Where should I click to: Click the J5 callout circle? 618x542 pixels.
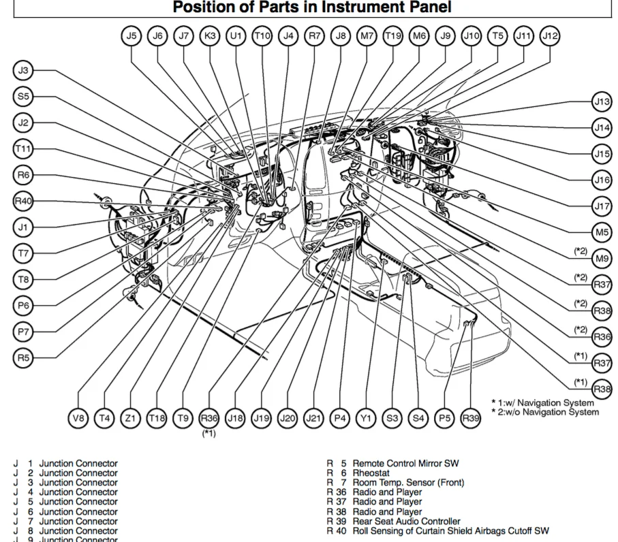tap(132, 36)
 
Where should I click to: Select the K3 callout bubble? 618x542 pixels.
tap(210, 36)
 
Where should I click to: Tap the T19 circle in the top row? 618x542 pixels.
tap(392, 36)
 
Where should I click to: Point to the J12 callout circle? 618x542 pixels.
tap(549, 36)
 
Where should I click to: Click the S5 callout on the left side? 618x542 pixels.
tap(24, 97)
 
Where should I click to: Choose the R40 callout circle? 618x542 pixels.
tap(24, 201)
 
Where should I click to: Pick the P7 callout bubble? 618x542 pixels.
tap(24, 332)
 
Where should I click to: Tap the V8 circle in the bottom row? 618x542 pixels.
tap(79, 418)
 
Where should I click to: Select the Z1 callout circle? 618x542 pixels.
tap(130, 418)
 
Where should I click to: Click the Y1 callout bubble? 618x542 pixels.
tap(366, 418)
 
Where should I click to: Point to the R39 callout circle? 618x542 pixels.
tap(470, 418)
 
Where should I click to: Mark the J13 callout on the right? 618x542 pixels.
tap(601, 102)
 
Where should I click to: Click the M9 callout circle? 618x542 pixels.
tap(601, 258)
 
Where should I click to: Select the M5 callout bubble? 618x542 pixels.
tap(601, 232)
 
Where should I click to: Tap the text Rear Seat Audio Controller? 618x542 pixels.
tap(406, 521)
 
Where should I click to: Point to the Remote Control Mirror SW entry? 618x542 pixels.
tap(405, 464)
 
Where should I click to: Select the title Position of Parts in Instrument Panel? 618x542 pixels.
tap(311, 8)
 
